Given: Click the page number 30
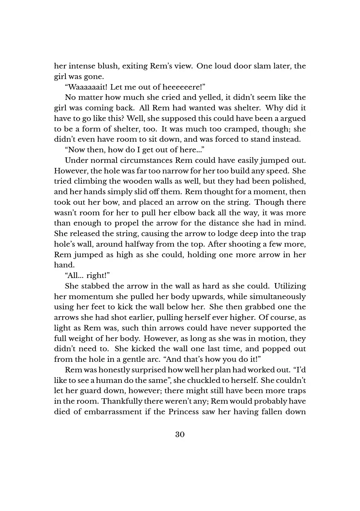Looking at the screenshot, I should (x=180, y=434).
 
